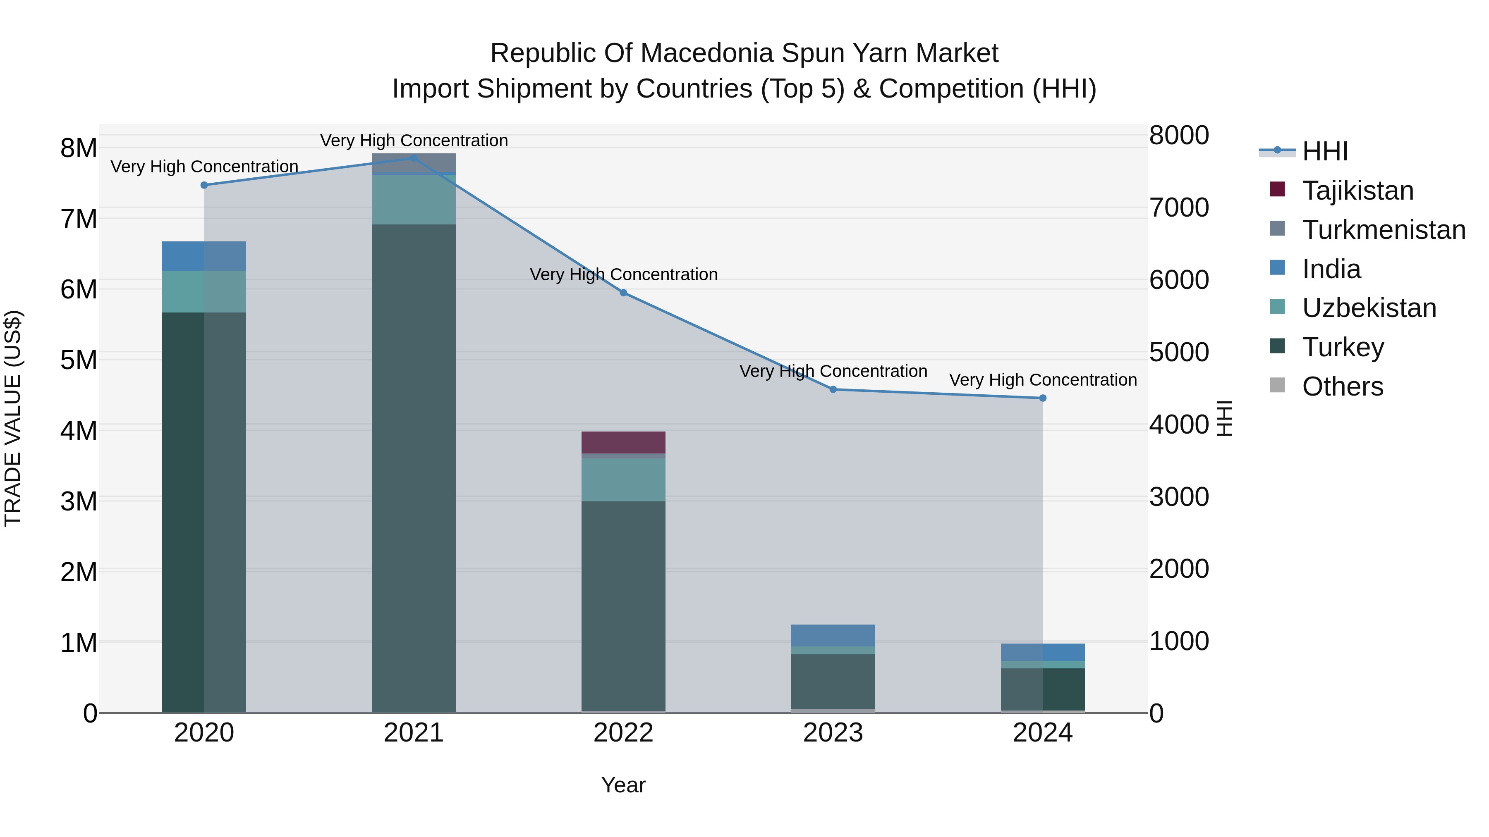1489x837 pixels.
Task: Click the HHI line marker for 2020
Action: [x=204, y=185]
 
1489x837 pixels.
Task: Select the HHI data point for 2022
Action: [x=623, y=293]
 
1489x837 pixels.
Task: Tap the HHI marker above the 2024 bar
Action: [x=1042, y=398]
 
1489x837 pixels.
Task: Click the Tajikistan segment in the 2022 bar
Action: [x=623, y=442]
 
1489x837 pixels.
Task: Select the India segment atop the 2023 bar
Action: [x=833, y=635]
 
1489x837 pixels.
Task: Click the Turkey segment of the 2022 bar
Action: [x=623, y=606]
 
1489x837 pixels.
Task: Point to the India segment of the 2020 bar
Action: [x=204, y=256]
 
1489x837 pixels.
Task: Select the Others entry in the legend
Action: [x=1342, y=386]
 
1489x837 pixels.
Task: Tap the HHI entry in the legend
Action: [x=1324, y=151]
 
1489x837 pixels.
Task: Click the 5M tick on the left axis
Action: [x=79, y=360]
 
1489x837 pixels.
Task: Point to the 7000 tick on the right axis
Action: [x=1179, y=207]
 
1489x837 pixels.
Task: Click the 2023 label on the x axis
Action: [x=833, y=733]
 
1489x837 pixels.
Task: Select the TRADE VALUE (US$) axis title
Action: [x=13, y=419]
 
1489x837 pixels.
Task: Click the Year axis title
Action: [x=623, y=785]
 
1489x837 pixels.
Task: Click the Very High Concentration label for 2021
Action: [x=414, y=141]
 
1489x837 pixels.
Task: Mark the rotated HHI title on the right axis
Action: [x=1224, y=419]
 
